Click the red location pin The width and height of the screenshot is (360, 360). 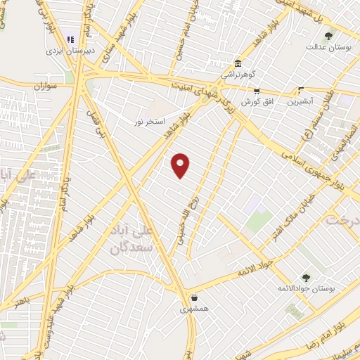pyautogui.click(x=181, y=165)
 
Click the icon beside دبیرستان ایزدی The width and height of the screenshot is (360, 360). pyautogui.click(x=70, y=39)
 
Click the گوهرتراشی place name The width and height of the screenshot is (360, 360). pyautogui.click(x=238, y=74)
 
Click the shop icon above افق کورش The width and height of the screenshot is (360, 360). pyautogui.click(x=257, y=91)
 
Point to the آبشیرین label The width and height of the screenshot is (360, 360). pyautogui.click(x=301, y=102)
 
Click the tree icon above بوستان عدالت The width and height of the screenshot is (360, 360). pyautogui.click(x=328, y=36)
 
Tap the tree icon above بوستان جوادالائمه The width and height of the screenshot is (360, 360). pyautogui.click(x=305, y=277)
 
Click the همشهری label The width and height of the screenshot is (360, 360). pyautogui.click(x=193, y=309)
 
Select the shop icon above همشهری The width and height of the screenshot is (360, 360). pyautogui.click(x=193, y=297)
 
